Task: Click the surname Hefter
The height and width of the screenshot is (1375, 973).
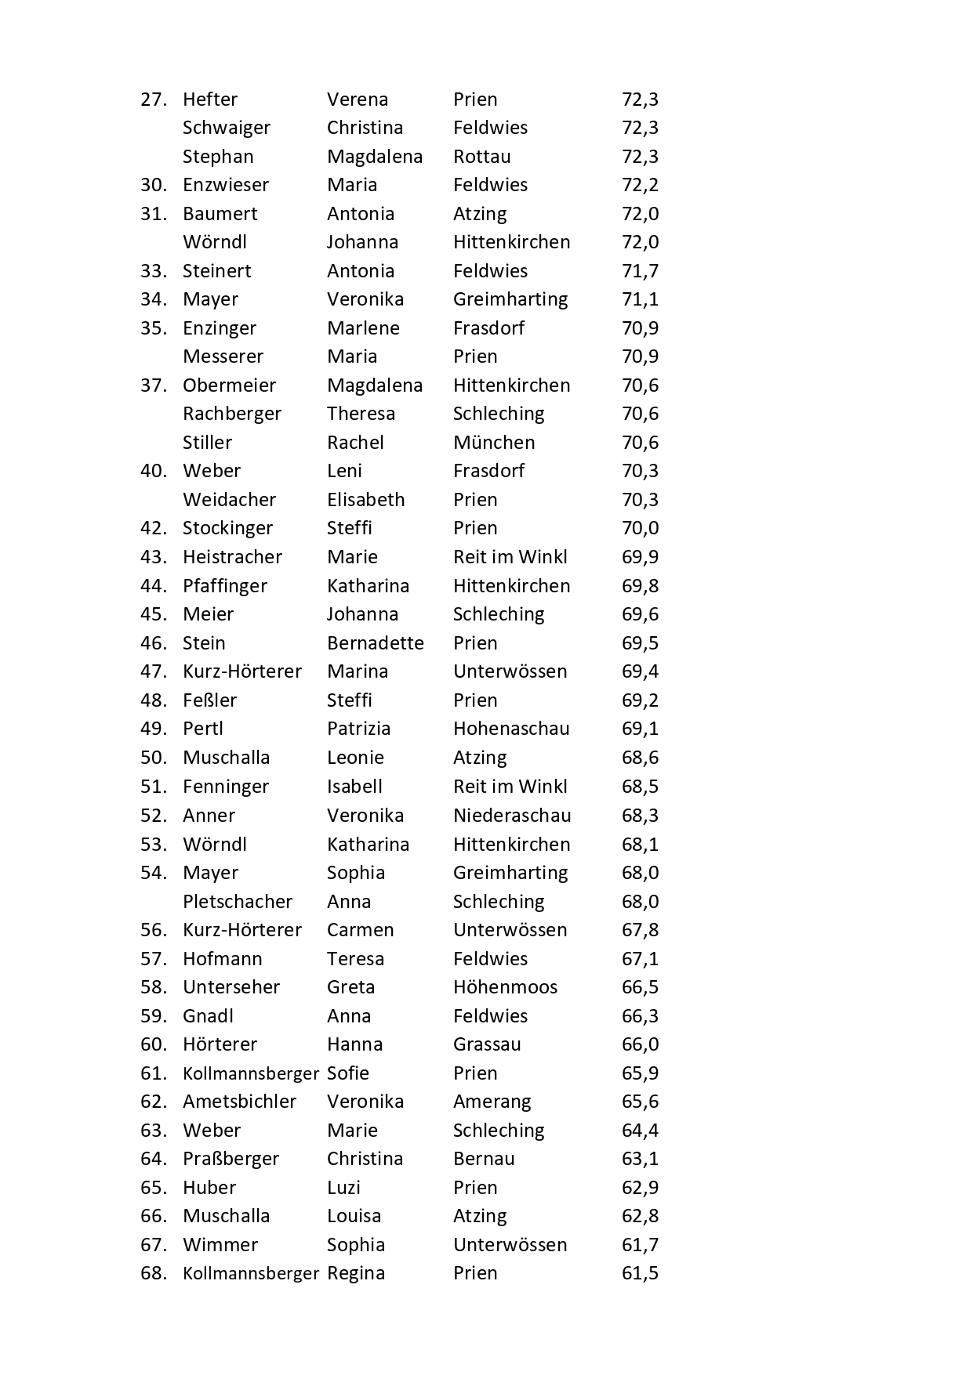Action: tap(209, 100)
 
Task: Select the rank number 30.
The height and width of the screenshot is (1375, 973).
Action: tap(154, 185)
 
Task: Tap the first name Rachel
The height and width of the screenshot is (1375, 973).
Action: tap(355, 443)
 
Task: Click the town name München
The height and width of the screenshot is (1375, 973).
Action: tap(494, 443)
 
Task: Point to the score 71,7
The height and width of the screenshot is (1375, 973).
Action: tap(640, 271)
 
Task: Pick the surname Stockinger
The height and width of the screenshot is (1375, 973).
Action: tap(227, 528)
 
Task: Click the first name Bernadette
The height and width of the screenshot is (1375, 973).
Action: tap(375, 643)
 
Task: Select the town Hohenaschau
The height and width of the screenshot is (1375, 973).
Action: tap(511, 729)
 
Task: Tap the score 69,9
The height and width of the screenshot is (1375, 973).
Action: tap(640, 557)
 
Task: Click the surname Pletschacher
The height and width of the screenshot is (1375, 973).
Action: tap(237, 902)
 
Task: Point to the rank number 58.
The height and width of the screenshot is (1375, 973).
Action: tap(154, 987)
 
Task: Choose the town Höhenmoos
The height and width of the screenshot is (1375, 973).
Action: tap(505, 987)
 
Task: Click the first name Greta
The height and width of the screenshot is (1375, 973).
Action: tap(350, 987)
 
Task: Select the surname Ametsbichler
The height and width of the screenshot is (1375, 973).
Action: tap(239, 1102)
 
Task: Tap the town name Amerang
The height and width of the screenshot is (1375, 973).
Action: tap(492, 1102)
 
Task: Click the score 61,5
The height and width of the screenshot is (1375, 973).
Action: tap(640, 1273)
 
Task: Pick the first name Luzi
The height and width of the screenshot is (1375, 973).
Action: tap(343, 1188)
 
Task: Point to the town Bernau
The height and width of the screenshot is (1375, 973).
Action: tap(484, 1159)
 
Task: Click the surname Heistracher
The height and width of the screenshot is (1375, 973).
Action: tap(232, 557)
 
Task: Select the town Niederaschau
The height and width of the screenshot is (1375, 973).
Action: tap(512, 816)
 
